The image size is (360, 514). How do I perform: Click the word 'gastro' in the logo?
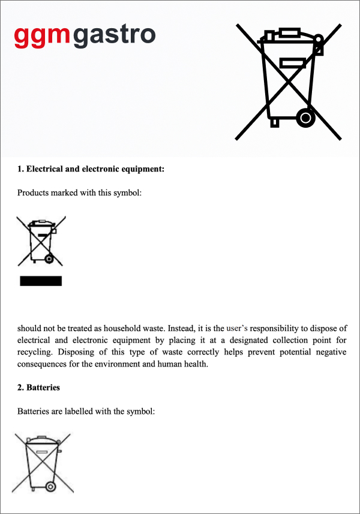click(115, 37)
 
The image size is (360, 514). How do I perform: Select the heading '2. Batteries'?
click(38, 387)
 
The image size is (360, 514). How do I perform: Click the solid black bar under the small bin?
click(41, 281)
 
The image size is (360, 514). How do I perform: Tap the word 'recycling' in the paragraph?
click(35, 352)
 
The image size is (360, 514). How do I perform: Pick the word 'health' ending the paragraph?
click(195, 364)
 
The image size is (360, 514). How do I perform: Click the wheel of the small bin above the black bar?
click(49, 259)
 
